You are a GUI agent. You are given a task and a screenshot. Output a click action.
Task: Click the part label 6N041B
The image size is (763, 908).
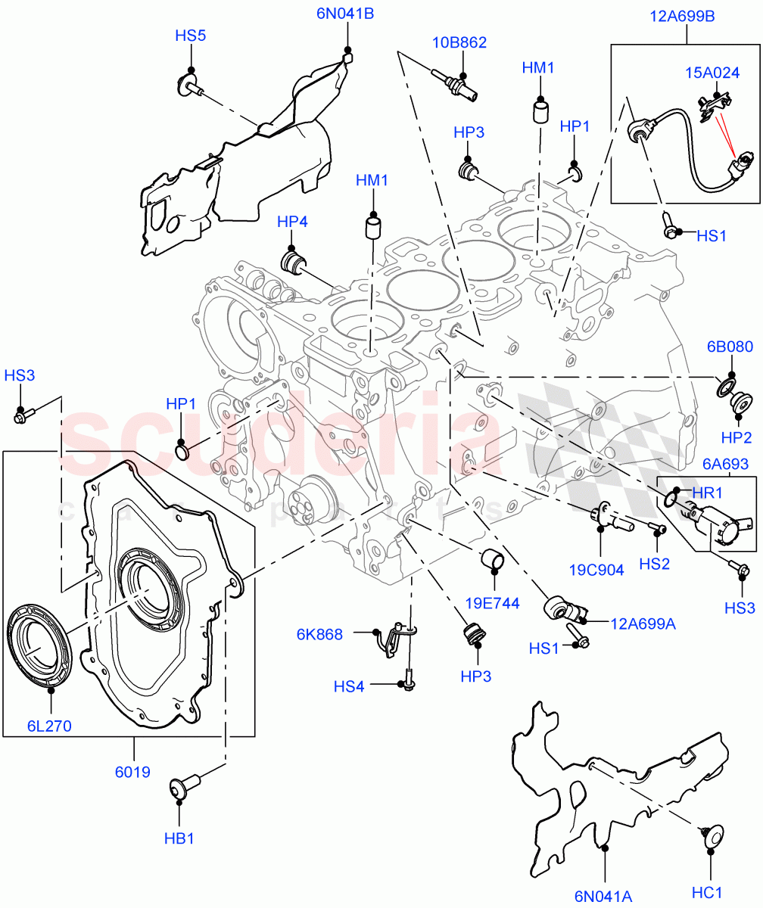(x=345, y=13)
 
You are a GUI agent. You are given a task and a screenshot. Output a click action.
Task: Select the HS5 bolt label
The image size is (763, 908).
(x=191, y=35)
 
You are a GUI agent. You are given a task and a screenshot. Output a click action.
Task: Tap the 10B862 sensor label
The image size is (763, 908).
(x=459, y=42)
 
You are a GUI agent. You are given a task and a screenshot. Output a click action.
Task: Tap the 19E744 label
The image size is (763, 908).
(x=494, y=603)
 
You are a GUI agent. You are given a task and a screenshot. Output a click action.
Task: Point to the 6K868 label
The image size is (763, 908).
(x=319, y=634)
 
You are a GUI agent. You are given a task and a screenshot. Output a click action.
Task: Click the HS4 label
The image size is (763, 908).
(x=349, y=686)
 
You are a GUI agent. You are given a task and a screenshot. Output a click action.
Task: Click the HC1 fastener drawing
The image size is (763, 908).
(x=709, y=832)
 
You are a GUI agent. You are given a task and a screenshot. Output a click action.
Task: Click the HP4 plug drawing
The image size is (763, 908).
(x=292, y=262)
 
